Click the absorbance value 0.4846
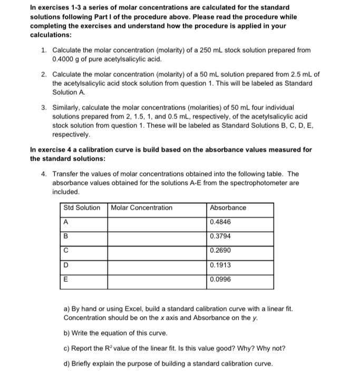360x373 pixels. [x=220, y=222]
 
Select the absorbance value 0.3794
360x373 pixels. [x=220, y=236]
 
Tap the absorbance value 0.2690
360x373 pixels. [x=220, y=250]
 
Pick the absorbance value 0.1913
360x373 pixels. [x=220, y=265]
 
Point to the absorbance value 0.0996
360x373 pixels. [x=220, y=279]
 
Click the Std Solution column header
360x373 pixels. [x=82, y=208]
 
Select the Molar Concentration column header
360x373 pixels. [x=142, y=208]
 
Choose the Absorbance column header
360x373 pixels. [x=228, y=208]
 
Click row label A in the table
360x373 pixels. [x=66, y=222]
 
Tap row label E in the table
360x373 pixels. [x=66, y=280]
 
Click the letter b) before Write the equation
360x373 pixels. [x=67, y=333]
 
